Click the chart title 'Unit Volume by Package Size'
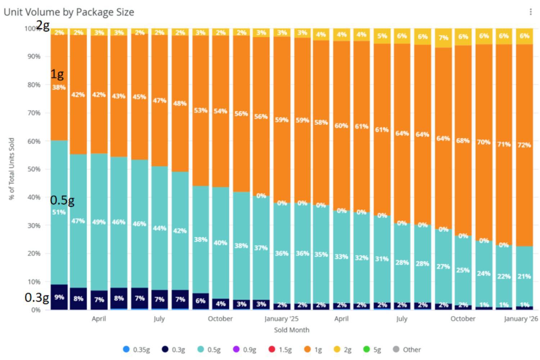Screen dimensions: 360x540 [69, 12]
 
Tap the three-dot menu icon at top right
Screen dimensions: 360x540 [530, 12]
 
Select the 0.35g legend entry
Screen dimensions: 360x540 [136, 349]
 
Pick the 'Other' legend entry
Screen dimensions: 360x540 [407, 349]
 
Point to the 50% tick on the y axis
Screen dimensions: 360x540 [34, 169]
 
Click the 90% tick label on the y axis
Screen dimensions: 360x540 [34, 57]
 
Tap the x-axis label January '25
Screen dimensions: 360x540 [281, 319]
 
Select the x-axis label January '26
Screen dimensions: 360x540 [521, 319]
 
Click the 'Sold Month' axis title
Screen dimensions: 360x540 [291, 330]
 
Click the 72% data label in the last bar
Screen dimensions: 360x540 [524, 145]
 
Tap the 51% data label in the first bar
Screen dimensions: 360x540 [59, 212]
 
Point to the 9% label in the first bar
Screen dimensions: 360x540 [59, 297]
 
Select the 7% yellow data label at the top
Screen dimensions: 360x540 [443, 37]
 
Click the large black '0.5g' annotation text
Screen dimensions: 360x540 [62, 200]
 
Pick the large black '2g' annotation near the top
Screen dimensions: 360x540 [43, 25]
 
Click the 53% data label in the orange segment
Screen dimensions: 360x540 [201, 110]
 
